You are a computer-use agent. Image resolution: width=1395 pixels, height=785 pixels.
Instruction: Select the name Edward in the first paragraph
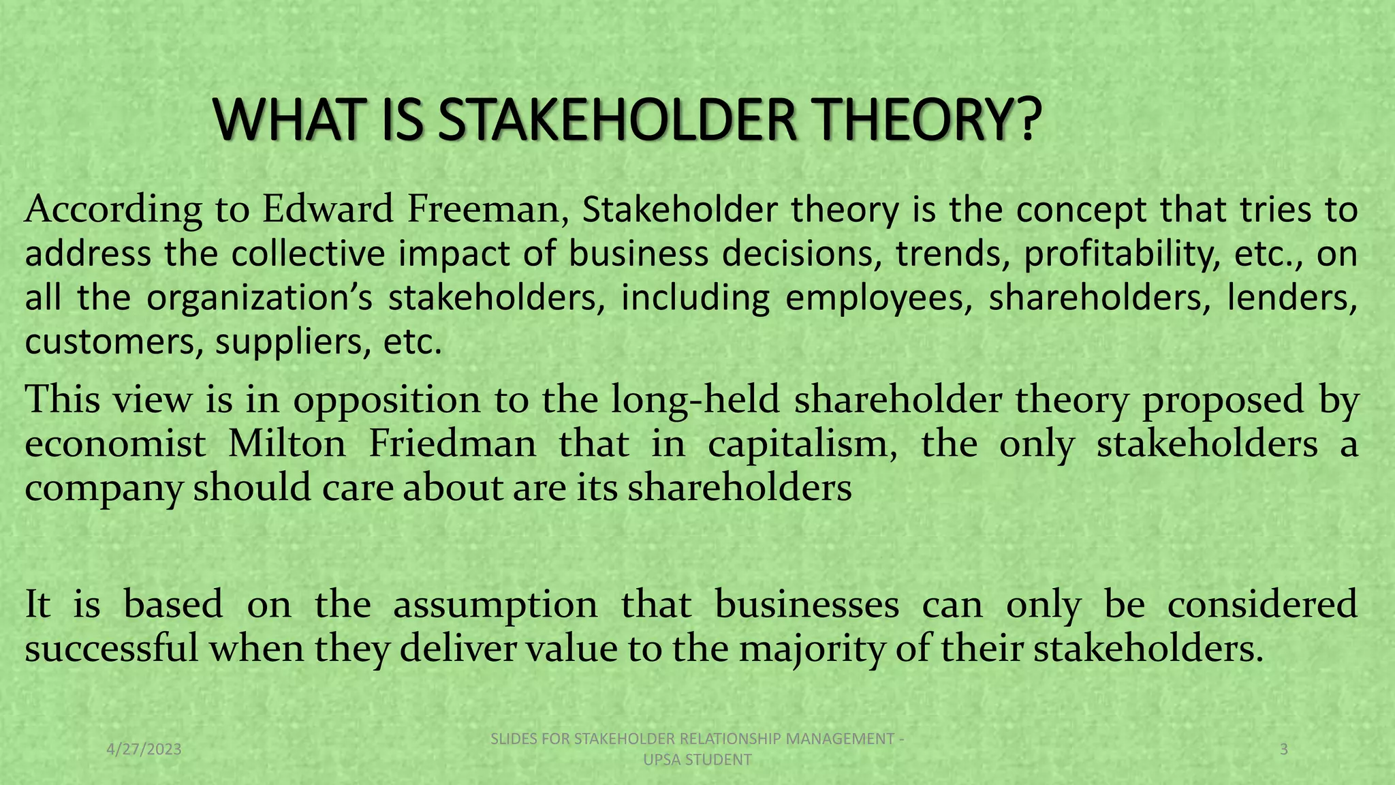click(x=328, y=209)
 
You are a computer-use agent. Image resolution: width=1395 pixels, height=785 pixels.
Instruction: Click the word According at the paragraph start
click(x=113, y=210)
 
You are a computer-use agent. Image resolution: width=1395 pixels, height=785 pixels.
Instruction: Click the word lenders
click(x=1291, y=298)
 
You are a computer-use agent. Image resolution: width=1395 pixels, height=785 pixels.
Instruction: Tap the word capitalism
click(x=802, y=444)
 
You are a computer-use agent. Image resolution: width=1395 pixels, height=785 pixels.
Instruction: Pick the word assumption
click(x=495, y=604)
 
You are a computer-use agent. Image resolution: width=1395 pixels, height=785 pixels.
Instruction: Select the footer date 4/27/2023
click(x=144, y=750)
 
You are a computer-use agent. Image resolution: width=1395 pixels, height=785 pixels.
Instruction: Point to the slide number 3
click(x=1284, y=750)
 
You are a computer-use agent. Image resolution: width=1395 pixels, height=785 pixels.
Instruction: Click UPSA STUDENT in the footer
click(x=697, y=760)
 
